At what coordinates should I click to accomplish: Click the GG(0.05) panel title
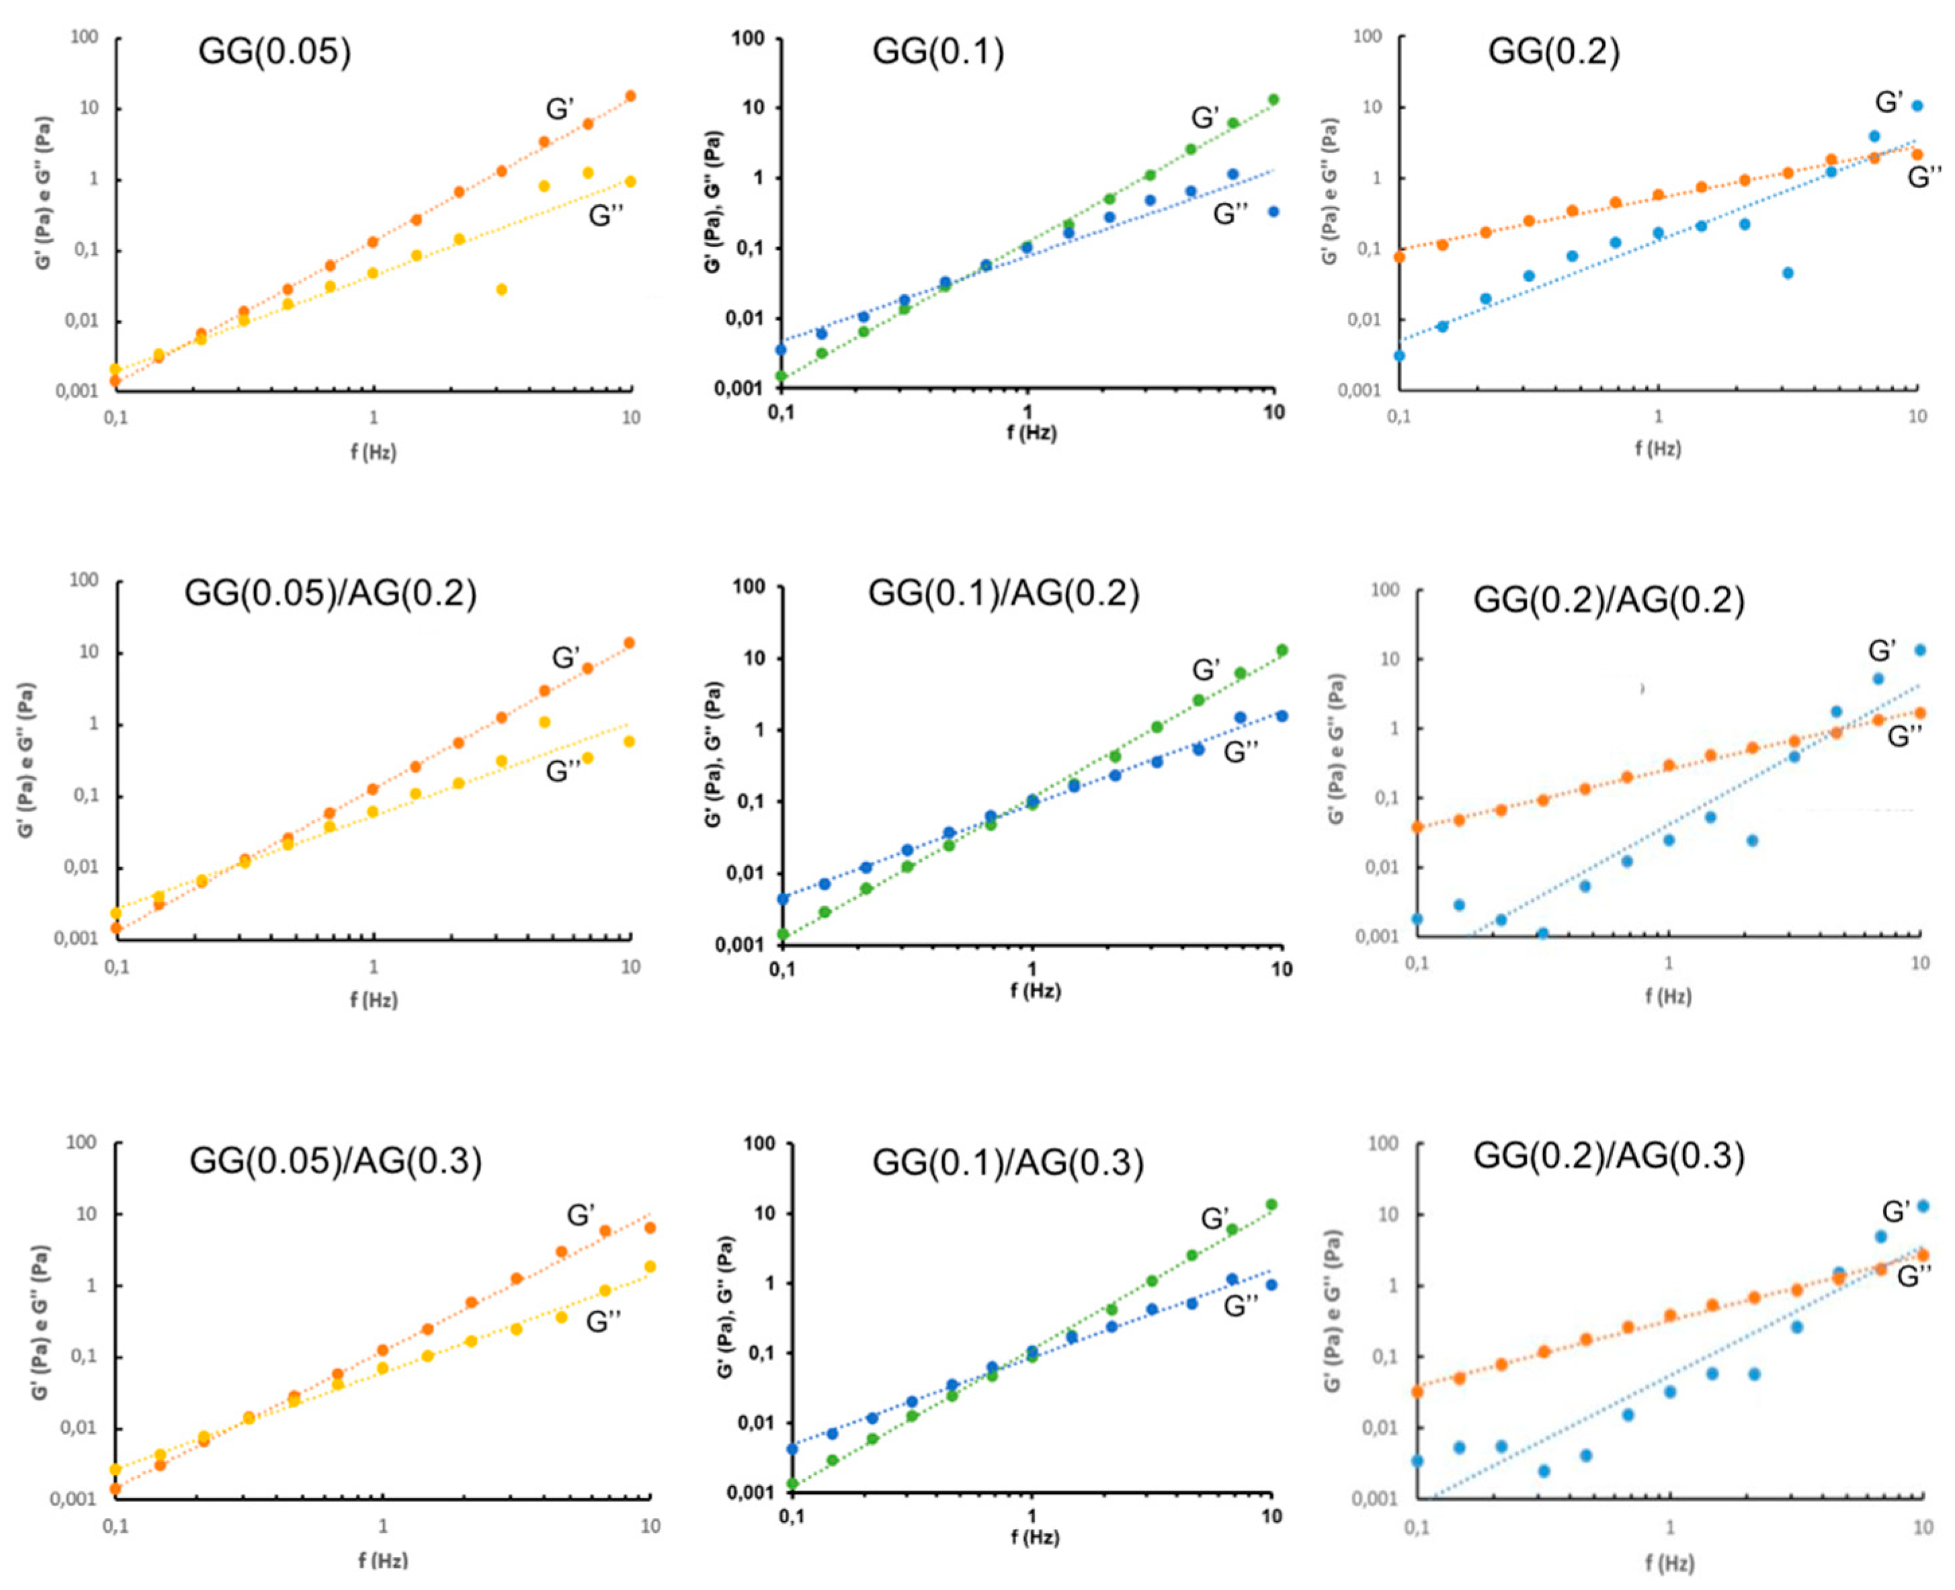(x=274, y=50)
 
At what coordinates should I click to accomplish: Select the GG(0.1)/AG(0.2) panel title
(x=1003, y=594)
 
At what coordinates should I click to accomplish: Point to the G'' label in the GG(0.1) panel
(x=1231, y=214)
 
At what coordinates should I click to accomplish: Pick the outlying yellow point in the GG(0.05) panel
(x=501, y=290)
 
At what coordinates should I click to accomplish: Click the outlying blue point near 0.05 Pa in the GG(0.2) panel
(x=1788, y=273)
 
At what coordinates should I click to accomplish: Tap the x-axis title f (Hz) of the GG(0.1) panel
(x=1032, y=433)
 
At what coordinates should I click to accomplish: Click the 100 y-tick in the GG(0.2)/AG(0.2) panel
(x=1384, y=590)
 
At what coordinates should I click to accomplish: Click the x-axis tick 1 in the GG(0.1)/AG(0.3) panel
(x=1032, y=1517)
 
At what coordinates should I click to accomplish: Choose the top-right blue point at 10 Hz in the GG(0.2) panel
(x=1917, y=106)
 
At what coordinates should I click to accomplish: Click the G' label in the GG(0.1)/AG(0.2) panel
(x=1206, y=670)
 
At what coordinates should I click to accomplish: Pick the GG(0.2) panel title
(x=1554, y=50)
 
